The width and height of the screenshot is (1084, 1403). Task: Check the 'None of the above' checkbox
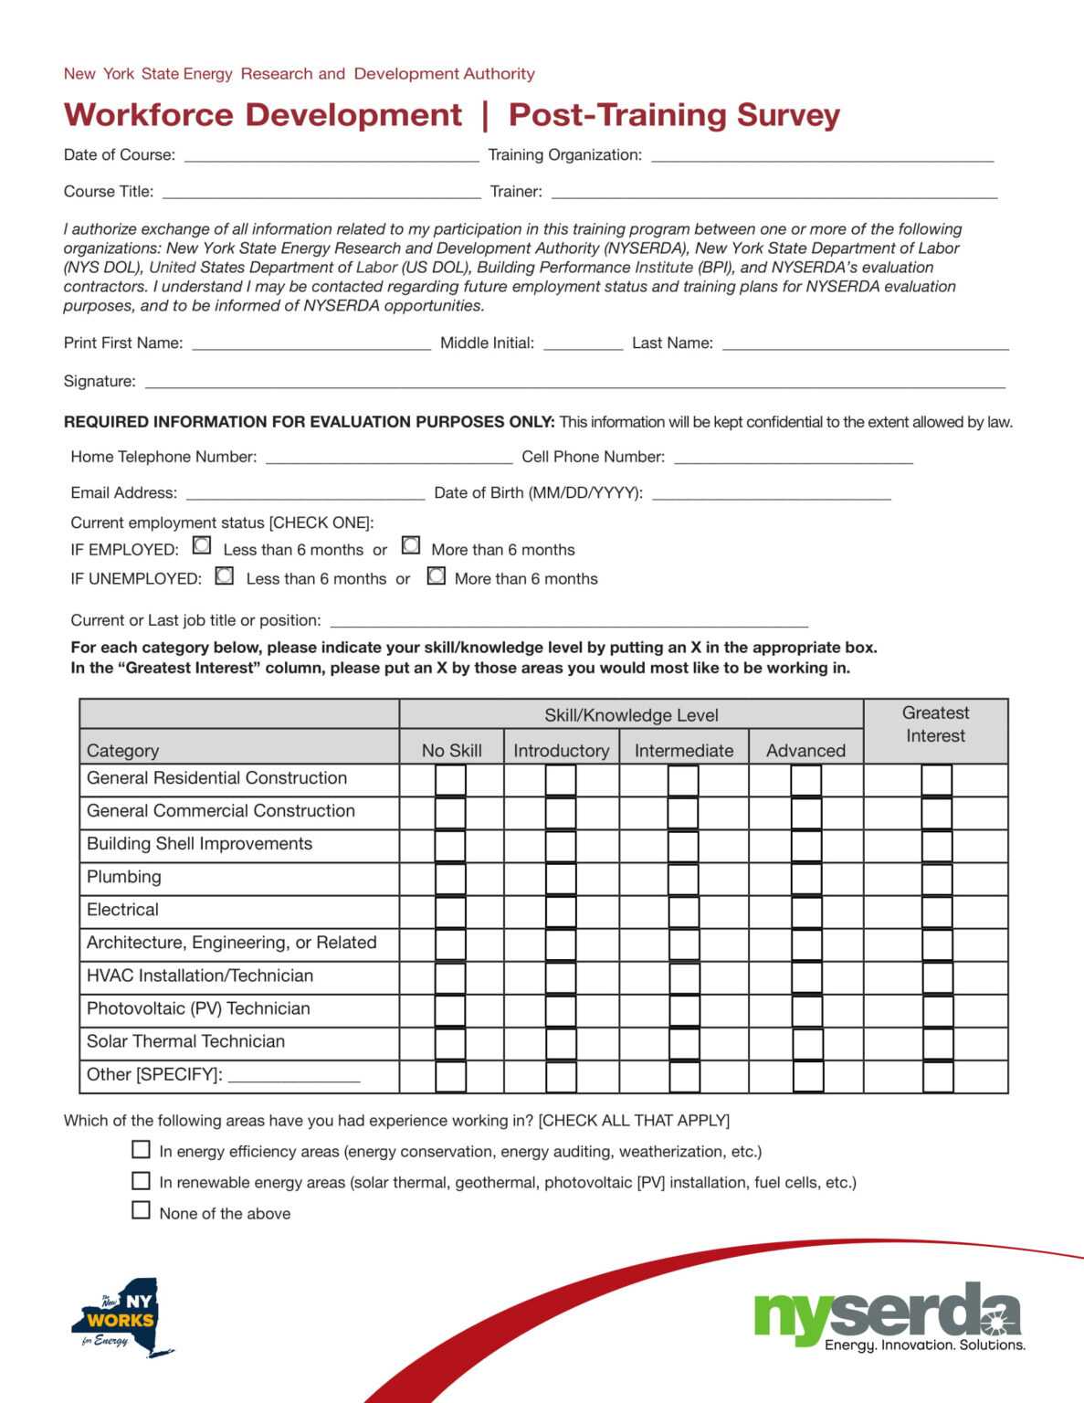(141, 1210)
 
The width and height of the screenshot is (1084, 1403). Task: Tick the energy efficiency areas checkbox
(141, 1149)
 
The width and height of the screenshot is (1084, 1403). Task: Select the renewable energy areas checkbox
(141, 1180)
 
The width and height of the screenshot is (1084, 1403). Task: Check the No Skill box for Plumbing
(450, 879)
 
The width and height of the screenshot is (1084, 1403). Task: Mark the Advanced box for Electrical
(806, 912)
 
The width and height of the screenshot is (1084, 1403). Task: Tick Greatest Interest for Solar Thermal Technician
(937, 1043)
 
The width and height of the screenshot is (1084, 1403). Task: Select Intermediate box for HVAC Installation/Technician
(683, 977)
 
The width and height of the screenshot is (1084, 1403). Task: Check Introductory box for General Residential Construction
(561, 780)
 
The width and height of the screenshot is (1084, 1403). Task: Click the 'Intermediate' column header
(683, 750)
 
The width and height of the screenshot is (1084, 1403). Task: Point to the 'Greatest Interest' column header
(935, 724)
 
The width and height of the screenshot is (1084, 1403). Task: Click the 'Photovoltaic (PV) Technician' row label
(198, 1008)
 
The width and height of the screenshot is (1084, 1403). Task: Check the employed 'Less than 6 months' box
(202, 545)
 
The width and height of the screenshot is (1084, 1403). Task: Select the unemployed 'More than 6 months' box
(437, 575)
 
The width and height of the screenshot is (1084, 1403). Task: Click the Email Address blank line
(305, 493)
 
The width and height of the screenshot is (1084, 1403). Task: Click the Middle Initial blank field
(583, 343)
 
